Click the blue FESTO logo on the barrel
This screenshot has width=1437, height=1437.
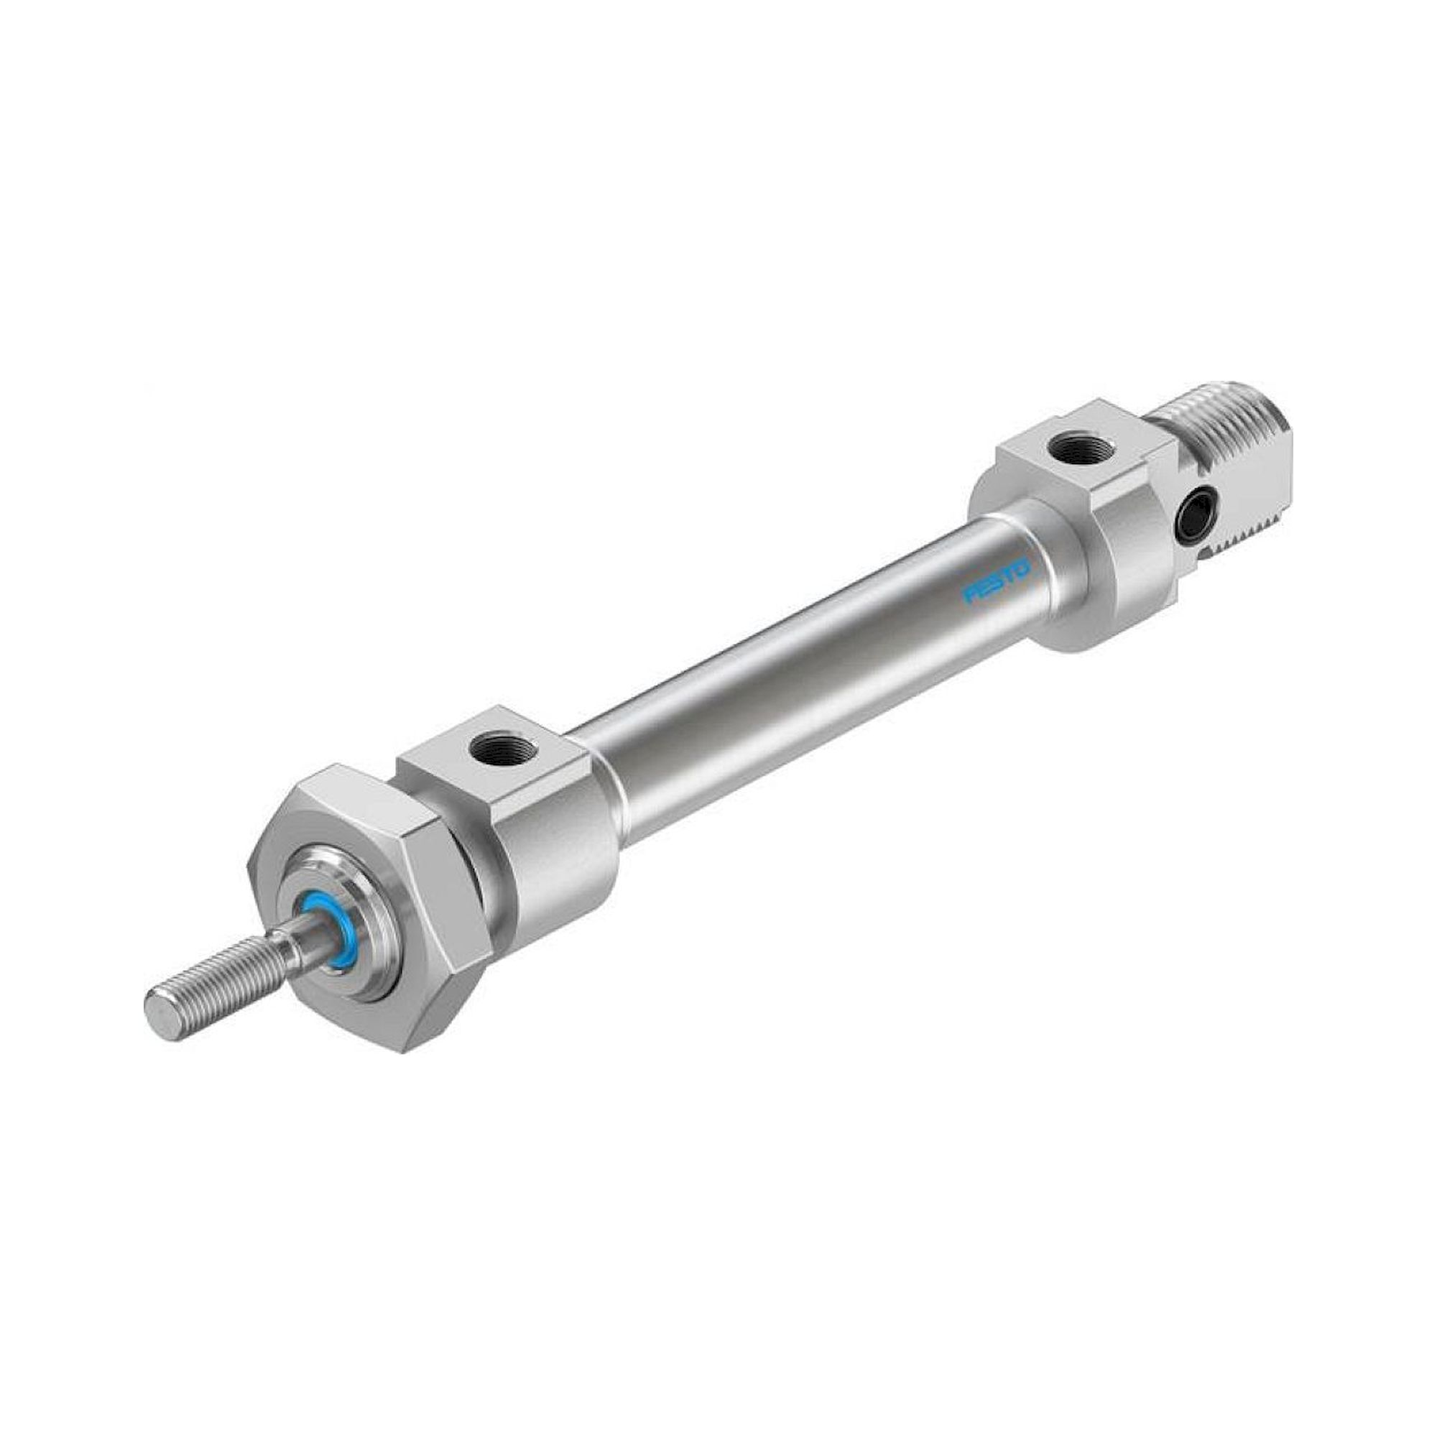tap(997, 582)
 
